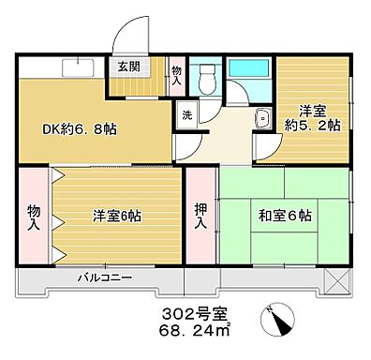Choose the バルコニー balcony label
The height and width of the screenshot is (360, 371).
104,278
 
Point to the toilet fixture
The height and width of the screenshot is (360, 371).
207,80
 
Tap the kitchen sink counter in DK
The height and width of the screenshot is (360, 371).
74,67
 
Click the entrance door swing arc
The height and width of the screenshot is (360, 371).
131,36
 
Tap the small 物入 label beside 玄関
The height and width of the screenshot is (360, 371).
177,73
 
